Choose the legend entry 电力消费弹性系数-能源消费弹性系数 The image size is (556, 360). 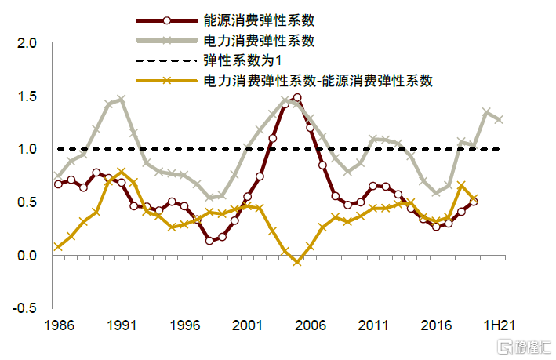coord(318,80)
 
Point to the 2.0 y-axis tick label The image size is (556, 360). coord(28,43)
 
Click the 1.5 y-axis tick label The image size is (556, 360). coord(28,96)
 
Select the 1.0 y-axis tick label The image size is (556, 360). coord(28,149)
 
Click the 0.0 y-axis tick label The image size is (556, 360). coord(28,256)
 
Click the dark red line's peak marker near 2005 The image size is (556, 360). coord(297,98)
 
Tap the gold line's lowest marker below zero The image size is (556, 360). coord(297,261)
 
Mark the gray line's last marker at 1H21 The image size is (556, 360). coord(499,119)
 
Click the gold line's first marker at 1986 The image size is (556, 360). coord(59,246)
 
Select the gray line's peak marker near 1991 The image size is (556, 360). coord(122,100)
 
